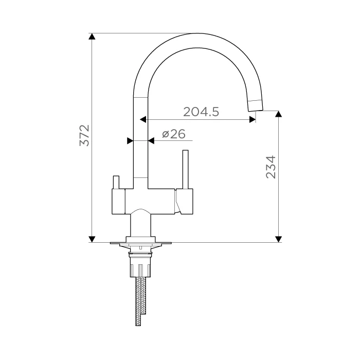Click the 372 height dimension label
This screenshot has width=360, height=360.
click(84, 135)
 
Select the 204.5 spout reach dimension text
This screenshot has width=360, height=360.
click(201, 112)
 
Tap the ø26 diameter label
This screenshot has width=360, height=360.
click(174, 134)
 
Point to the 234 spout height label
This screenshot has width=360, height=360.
click(271, 167)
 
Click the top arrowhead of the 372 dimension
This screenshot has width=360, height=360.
click(92, 37)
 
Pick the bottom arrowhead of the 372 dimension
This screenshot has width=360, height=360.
click(92, 239)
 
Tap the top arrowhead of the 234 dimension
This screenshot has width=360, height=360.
click(279, 114)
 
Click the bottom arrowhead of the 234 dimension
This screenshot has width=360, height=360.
click(279, 239)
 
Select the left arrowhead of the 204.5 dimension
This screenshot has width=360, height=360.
click(143, 119)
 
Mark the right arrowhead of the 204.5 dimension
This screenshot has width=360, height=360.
click(253, 119)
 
